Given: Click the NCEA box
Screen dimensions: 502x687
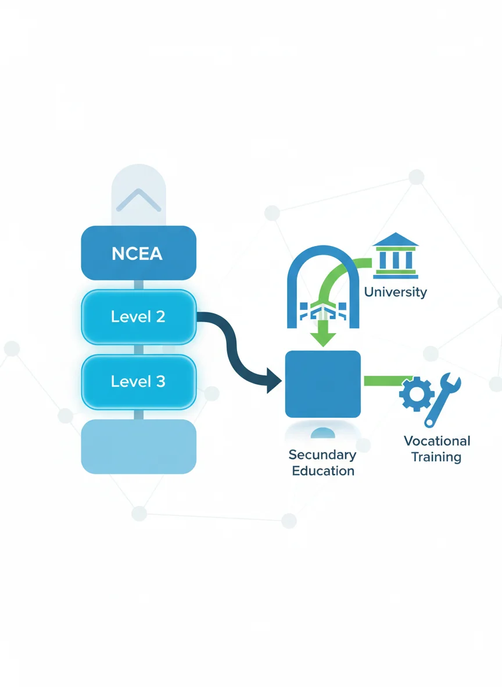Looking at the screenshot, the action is point(139,253).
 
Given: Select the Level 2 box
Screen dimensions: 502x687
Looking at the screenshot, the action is point(139,317).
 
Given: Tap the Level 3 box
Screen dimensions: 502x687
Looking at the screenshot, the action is point(139,382).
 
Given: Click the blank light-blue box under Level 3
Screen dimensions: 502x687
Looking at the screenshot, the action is point(139,446).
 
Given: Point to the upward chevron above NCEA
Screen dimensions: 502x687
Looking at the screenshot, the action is point(139,200).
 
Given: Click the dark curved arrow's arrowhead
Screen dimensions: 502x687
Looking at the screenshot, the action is point(273,380).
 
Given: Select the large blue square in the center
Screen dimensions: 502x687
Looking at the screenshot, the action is point(323,384).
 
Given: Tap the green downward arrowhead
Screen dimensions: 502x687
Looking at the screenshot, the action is point(323,339).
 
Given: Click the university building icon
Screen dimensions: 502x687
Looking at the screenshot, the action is point(395,255).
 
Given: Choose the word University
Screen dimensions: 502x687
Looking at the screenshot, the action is point(395,292).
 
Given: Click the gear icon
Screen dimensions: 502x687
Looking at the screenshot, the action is point(416,393).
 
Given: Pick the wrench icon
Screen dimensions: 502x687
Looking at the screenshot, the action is point(442,400).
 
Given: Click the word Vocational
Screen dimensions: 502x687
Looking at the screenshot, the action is point(437,441).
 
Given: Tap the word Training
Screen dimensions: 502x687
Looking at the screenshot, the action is point(436,457).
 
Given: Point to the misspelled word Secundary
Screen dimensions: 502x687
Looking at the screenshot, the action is point(322,455).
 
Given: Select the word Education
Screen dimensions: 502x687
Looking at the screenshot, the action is point(323,471).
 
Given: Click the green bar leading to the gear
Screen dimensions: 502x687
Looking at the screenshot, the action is point(386,381).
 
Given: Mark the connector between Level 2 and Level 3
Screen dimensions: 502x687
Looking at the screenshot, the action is point(139,350).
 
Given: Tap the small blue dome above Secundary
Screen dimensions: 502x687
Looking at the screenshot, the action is point(323,433).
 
